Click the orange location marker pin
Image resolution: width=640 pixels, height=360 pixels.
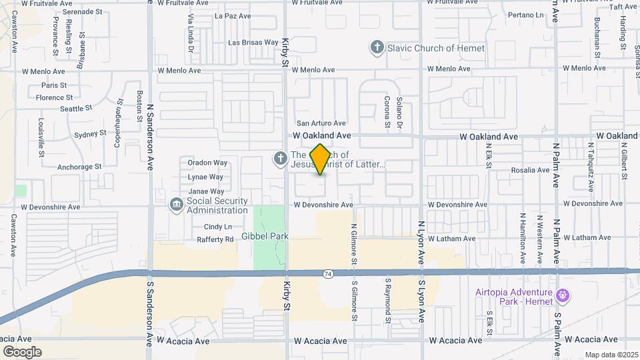pyautogui.click(x=320, y=159)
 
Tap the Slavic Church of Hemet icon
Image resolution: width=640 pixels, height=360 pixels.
pyautogui.click(x=377, y=47)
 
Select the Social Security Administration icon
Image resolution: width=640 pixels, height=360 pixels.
pyautogui.click(x=176, y=205)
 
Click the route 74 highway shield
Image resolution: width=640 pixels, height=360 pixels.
pyautogui.click(x=327, y=273)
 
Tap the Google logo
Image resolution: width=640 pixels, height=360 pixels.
pyautogui.click(x=22, y=351)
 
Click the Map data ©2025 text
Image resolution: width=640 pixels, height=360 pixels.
pyautogui.click(x=611, y=355)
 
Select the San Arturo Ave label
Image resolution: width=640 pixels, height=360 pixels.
pyautogui.click(x=321, y=123)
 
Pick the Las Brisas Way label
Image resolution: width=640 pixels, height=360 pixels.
pyautogui.click(x=253, y=43)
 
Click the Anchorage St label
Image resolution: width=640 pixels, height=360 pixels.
pyautogui.click(x=79, y=167)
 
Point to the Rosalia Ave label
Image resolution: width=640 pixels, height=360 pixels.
pyautogui.click(x=531, y=170)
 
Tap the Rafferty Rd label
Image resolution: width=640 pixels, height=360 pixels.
pyautogui.click(x=215, y=239)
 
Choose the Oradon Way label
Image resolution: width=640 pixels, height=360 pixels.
pyautogui.click(x=207, y=163)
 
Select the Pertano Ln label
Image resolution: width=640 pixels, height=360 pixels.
pyautogui.click(x=525, y=15)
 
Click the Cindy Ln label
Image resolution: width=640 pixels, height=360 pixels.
pyautogui.click(x=218, y=227)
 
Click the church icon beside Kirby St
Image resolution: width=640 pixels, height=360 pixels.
pyautogui.click(x=281, y=159)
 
